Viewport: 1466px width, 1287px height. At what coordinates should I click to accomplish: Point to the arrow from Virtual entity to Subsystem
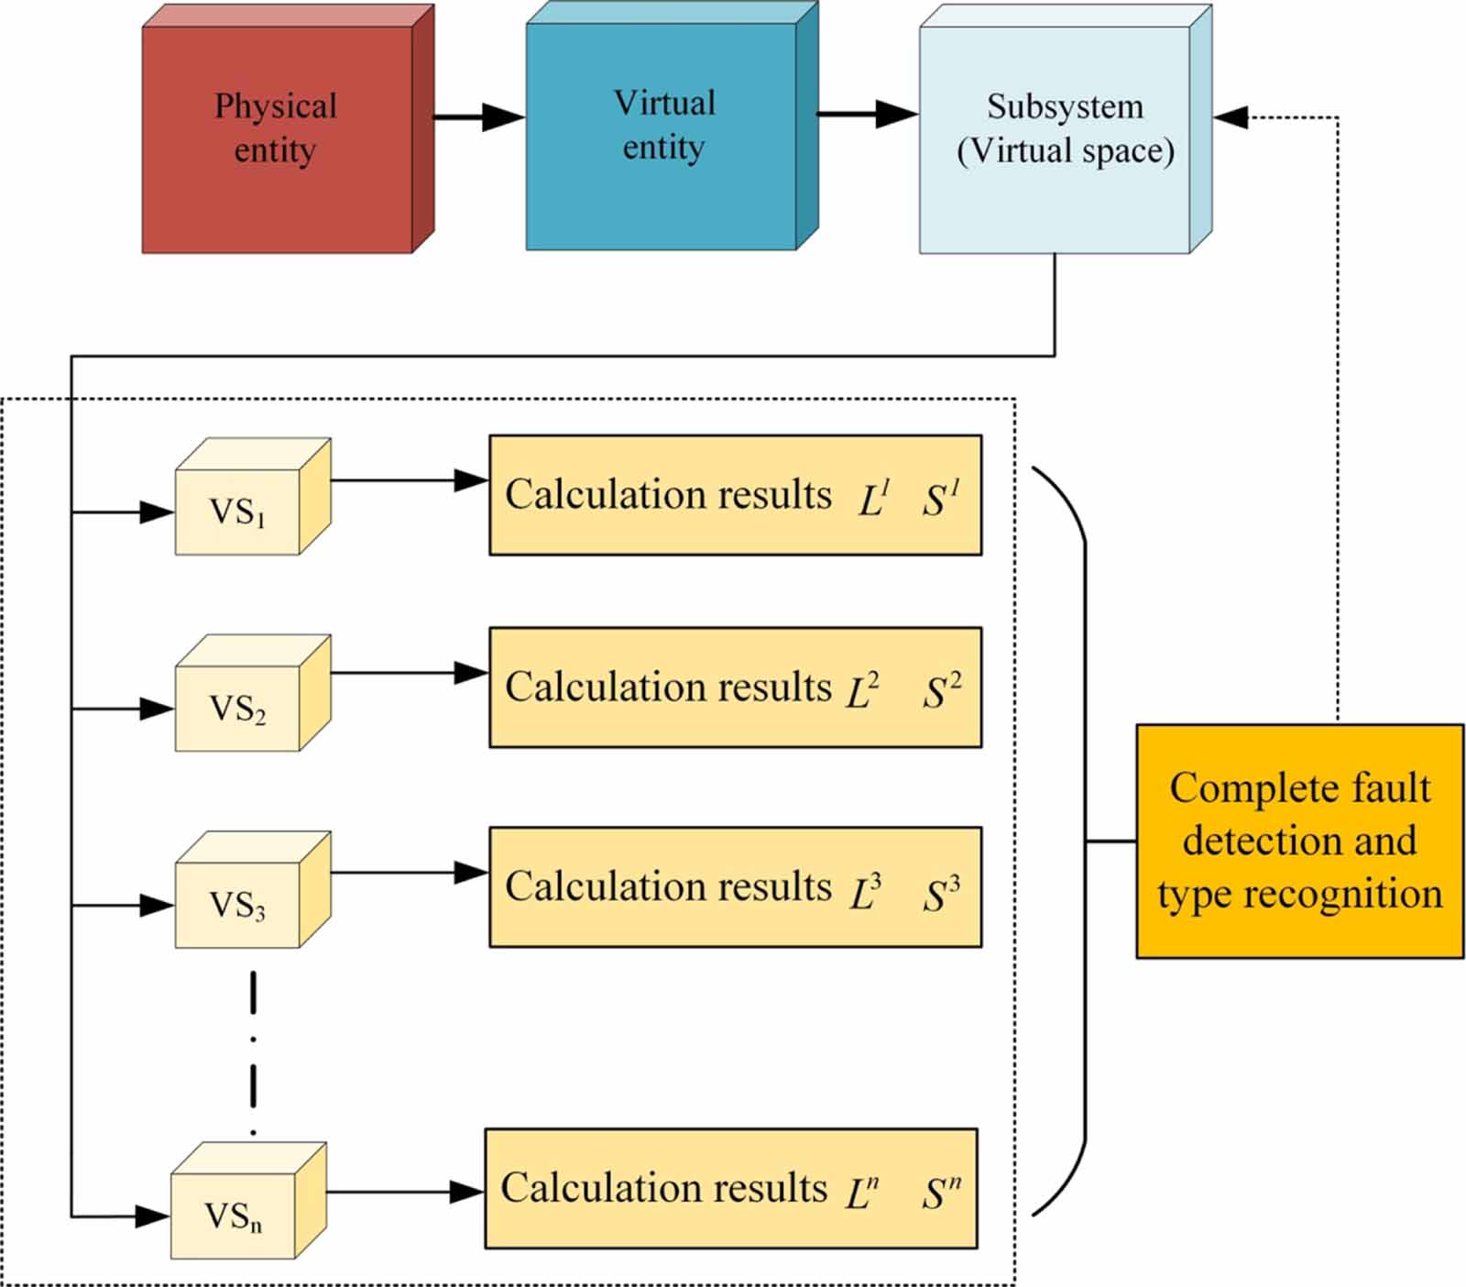865,115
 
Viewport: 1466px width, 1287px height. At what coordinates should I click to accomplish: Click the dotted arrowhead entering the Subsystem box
1231,117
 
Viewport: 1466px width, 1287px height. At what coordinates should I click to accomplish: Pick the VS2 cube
238,706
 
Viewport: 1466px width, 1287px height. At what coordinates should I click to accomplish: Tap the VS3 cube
238,903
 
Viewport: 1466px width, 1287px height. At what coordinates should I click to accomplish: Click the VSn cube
235,1214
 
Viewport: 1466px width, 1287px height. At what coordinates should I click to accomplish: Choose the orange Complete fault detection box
1299,841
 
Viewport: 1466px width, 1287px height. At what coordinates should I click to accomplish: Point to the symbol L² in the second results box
862,691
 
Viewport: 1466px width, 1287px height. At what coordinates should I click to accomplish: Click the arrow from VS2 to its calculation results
408,674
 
